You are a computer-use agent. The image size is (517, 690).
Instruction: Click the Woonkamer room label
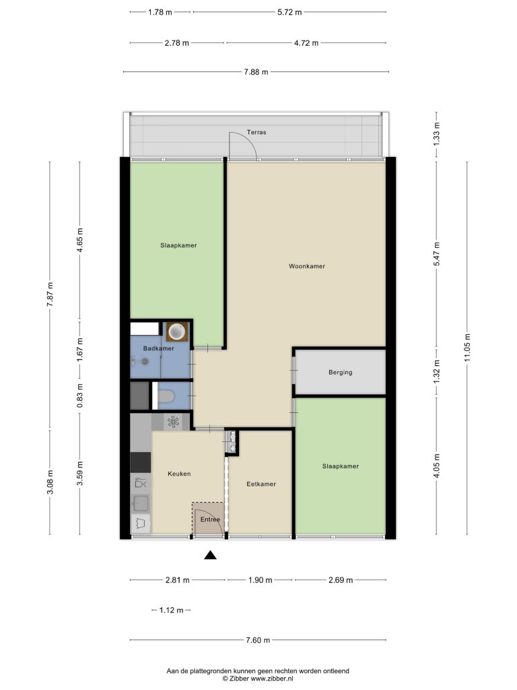(x=307, y=266)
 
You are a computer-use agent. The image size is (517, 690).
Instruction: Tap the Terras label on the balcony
(x=256, y=132)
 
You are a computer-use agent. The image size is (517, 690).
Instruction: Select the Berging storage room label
(x=340, y=372)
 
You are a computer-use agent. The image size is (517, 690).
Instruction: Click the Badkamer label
(x=159, y=348)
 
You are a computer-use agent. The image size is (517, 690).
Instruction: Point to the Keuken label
(x=179, y=474)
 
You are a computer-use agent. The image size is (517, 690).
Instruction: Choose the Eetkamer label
(x=261, y=484)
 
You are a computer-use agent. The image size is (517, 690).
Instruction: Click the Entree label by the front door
(x=210, y=520)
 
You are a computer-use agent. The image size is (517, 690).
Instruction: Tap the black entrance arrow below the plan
(x=211, y=555)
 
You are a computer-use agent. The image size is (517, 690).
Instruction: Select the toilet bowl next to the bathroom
(x=166, y=397)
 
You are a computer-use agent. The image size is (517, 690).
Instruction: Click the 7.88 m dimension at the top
(x=256, y=71)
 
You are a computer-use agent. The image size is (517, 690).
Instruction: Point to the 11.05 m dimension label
(x=467, y=348)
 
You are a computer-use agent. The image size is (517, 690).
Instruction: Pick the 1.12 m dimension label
(x=171, y=610)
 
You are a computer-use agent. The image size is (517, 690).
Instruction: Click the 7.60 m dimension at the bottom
(x=258, y=640)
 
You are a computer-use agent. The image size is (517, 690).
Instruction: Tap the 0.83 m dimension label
(x=79, y=396)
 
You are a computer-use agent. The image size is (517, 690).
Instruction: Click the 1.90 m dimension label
(x=261, y=580)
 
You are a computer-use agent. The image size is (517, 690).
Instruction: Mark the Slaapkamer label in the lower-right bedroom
(x=340, y=466)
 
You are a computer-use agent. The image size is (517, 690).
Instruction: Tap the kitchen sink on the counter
(x=141, y=502)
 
